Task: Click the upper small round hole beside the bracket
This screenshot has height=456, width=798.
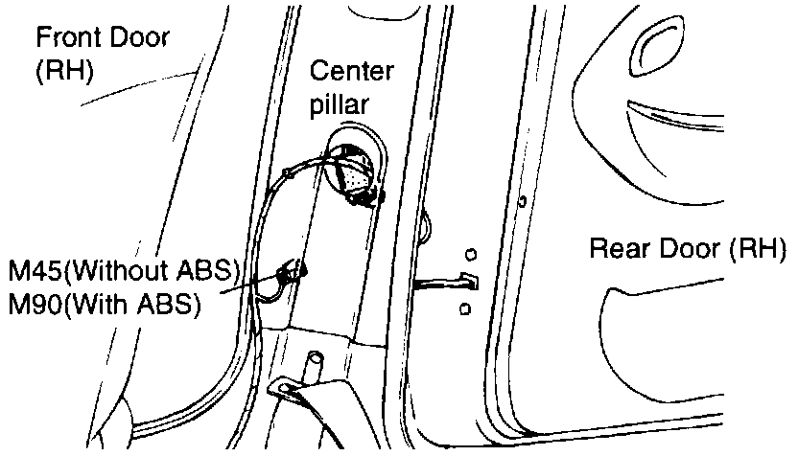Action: (x=470, y=254)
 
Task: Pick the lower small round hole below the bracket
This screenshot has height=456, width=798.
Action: (x=465, y=308)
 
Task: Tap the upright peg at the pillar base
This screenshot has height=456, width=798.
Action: (x=313, y=368)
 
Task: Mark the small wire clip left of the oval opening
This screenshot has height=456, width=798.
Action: (x=290, y=174)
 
